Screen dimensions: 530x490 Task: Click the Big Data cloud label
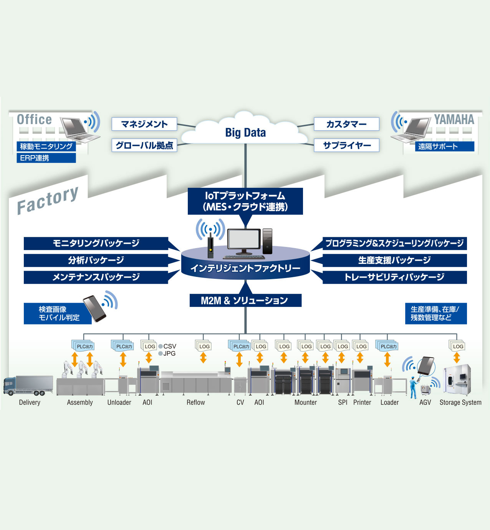coord(245,132)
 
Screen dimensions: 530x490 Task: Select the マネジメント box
coord(144,124)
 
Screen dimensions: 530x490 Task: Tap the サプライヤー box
coord(347,146)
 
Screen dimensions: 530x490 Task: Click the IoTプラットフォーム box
coord(245,201)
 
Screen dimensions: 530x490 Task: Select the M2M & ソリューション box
coord(245,300)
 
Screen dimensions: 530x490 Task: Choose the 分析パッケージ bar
coord(96,260)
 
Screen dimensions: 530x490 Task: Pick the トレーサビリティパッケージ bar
coord(394,277)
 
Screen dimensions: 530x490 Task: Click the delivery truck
coord(28,385)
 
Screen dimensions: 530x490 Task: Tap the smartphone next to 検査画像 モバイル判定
coord(94,308)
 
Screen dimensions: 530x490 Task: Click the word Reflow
coord(195,402)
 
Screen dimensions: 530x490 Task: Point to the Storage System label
coord(460,402)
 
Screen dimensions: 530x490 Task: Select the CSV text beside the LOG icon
coord(169,346)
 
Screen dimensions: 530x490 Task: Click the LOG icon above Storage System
coord(457,346)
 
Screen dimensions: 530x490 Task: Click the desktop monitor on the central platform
coord(243,241)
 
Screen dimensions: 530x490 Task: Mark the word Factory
coord(48,200)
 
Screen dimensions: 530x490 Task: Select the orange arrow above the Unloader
coord(123,359)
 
